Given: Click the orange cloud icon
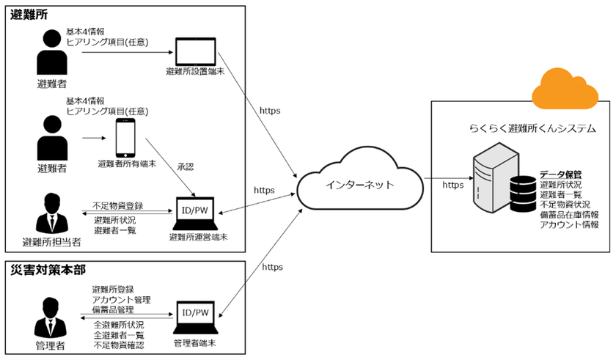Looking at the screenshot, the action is click(565, 89).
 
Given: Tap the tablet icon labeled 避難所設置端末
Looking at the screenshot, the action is click(195, 52).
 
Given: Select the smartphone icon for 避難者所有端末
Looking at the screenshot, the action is click(125, 138).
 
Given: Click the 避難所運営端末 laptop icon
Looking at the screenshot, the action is click(195, 213).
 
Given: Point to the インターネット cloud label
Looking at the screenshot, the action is click(359, 185).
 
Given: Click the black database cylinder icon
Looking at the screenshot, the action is click(523, 194).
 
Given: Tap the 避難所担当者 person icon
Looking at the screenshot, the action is click(52, 213).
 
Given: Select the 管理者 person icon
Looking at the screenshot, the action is click(50, 317).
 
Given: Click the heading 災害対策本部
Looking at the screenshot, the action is click(48, 270).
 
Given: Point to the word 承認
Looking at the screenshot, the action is click(186, 167).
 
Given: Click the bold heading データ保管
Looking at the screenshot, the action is click(560, 175).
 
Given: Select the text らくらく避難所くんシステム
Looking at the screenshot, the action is click(532, 128).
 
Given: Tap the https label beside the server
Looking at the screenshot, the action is click(453, 185).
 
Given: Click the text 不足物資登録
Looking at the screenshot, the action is click(118, 205).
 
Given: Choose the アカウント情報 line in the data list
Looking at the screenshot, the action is click(569, 224).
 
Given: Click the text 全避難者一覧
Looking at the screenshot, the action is click(119, 335).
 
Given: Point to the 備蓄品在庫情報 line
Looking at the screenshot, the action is click(569, 214).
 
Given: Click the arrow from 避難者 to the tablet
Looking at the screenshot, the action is click(128, 52).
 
